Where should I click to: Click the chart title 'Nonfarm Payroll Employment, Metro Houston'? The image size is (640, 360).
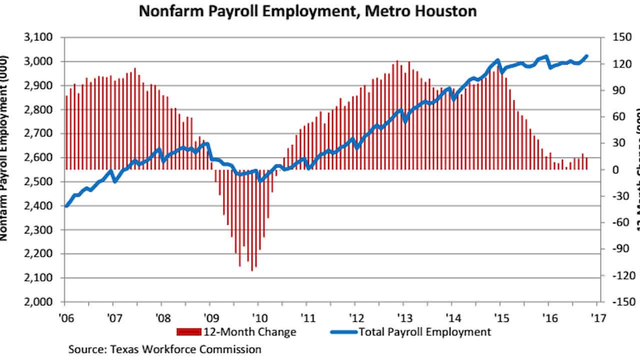click(307, 11)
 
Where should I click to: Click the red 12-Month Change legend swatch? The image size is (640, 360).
click(189, 331)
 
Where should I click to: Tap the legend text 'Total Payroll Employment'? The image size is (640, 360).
click(425, 331)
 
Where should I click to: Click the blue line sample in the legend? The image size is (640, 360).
click(343, 331)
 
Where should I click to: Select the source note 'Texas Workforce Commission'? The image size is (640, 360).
click(165, 348)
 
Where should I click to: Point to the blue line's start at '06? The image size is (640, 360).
click(66, 205)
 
